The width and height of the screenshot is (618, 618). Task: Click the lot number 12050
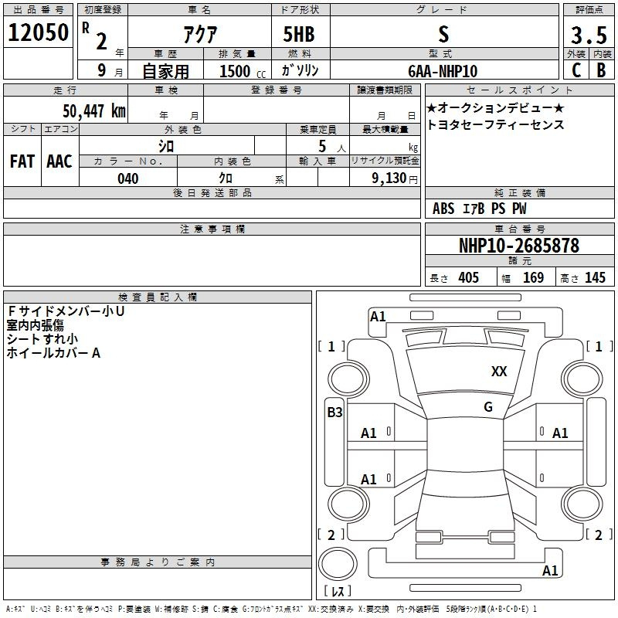(x=38, y=32)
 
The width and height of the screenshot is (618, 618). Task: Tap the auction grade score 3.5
(x=589, y=35)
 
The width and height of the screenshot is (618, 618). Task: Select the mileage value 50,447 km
(x=94, y=110)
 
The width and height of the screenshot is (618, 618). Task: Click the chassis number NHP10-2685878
(x=519, y=245)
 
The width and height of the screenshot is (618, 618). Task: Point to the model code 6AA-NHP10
(x=443, y=71)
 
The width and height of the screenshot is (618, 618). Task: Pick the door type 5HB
(x=299, y=34)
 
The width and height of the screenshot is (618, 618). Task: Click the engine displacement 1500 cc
(x=243, y=71)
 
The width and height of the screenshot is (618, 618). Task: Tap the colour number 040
(x=127, y=178)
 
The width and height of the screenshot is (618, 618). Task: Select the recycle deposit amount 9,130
(x=389, y=178)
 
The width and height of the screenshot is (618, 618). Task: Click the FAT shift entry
(x=22, y=161)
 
